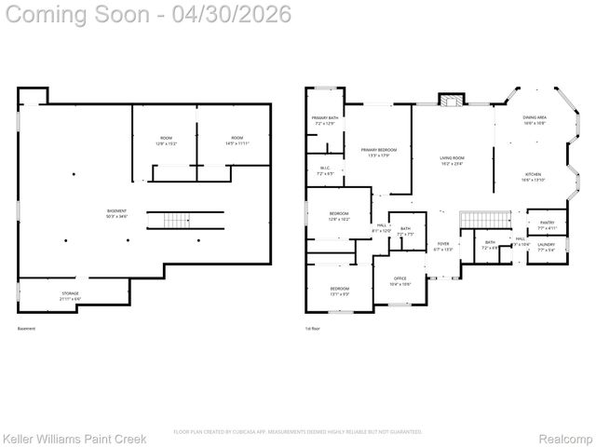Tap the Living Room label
(x=452, y=160)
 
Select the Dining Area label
(x=534, y=120)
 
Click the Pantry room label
(x=547, y=224)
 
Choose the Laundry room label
(x=546, y=247)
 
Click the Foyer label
(x=443, y=247)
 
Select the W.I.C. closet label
(x=324, y=170)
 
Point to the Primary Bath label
(x=324, y=120)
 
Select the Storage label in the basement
(x=71, y=295)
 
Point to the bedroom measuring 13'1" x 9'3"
(x=339, y=291)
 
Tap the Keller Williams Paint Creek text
(x=68, y=438)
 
